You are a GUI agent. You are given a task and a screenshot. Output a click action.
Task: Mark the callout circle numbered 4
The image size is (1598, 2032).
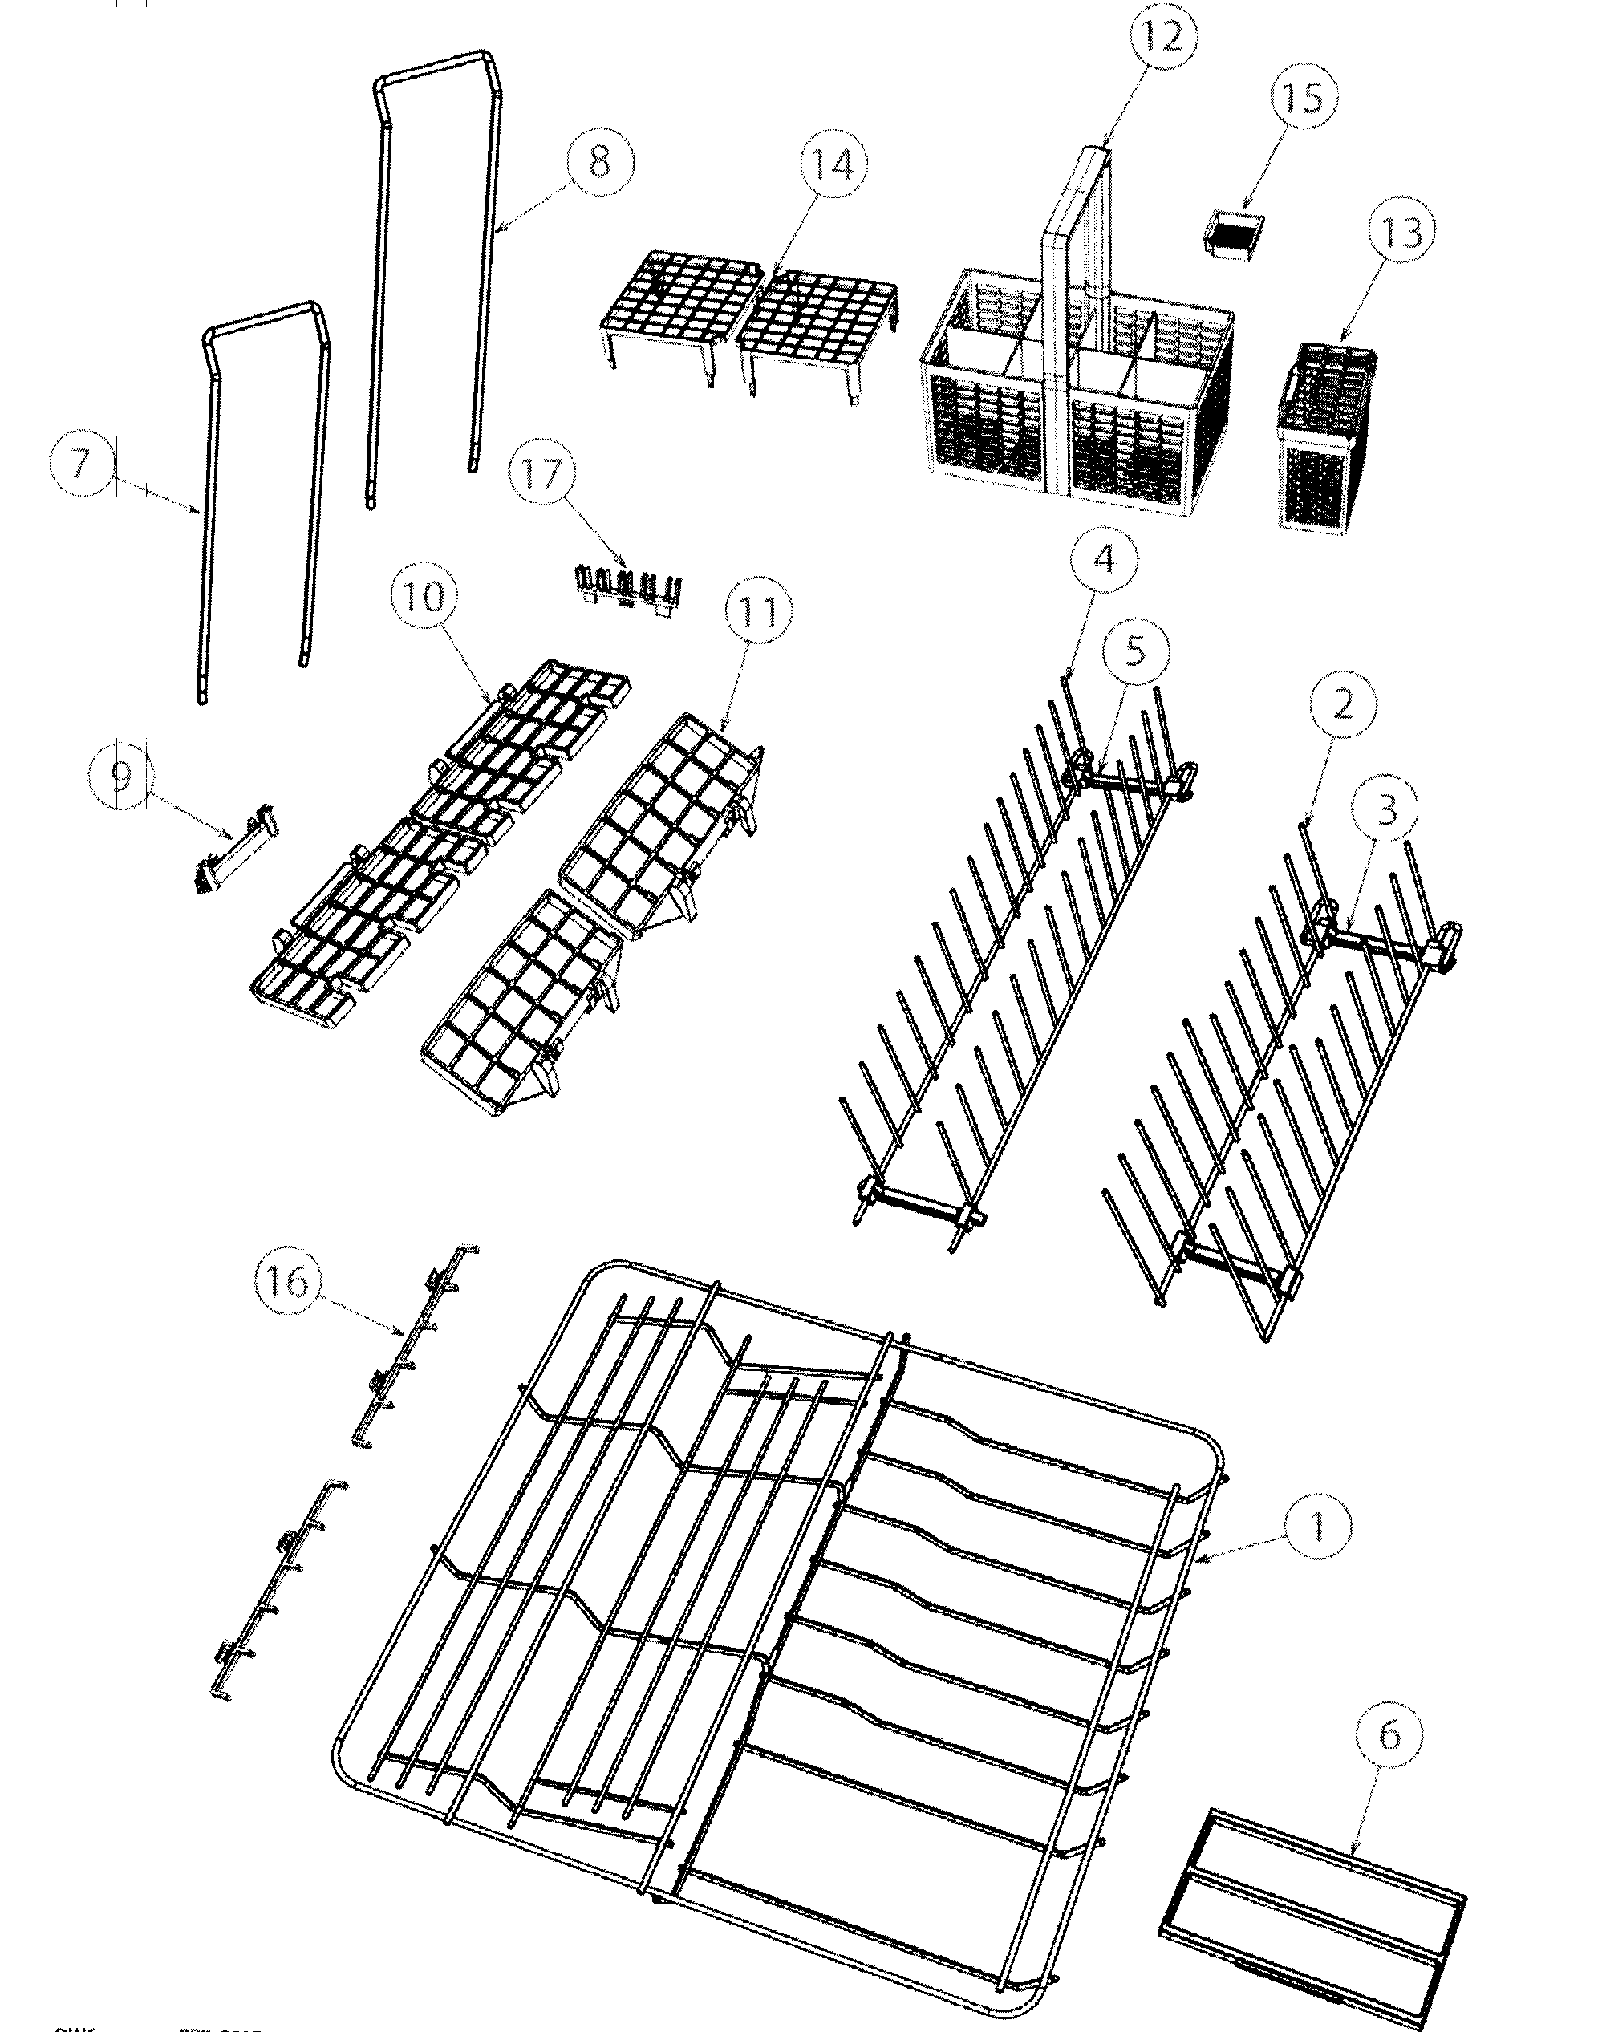[1103, 558]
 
